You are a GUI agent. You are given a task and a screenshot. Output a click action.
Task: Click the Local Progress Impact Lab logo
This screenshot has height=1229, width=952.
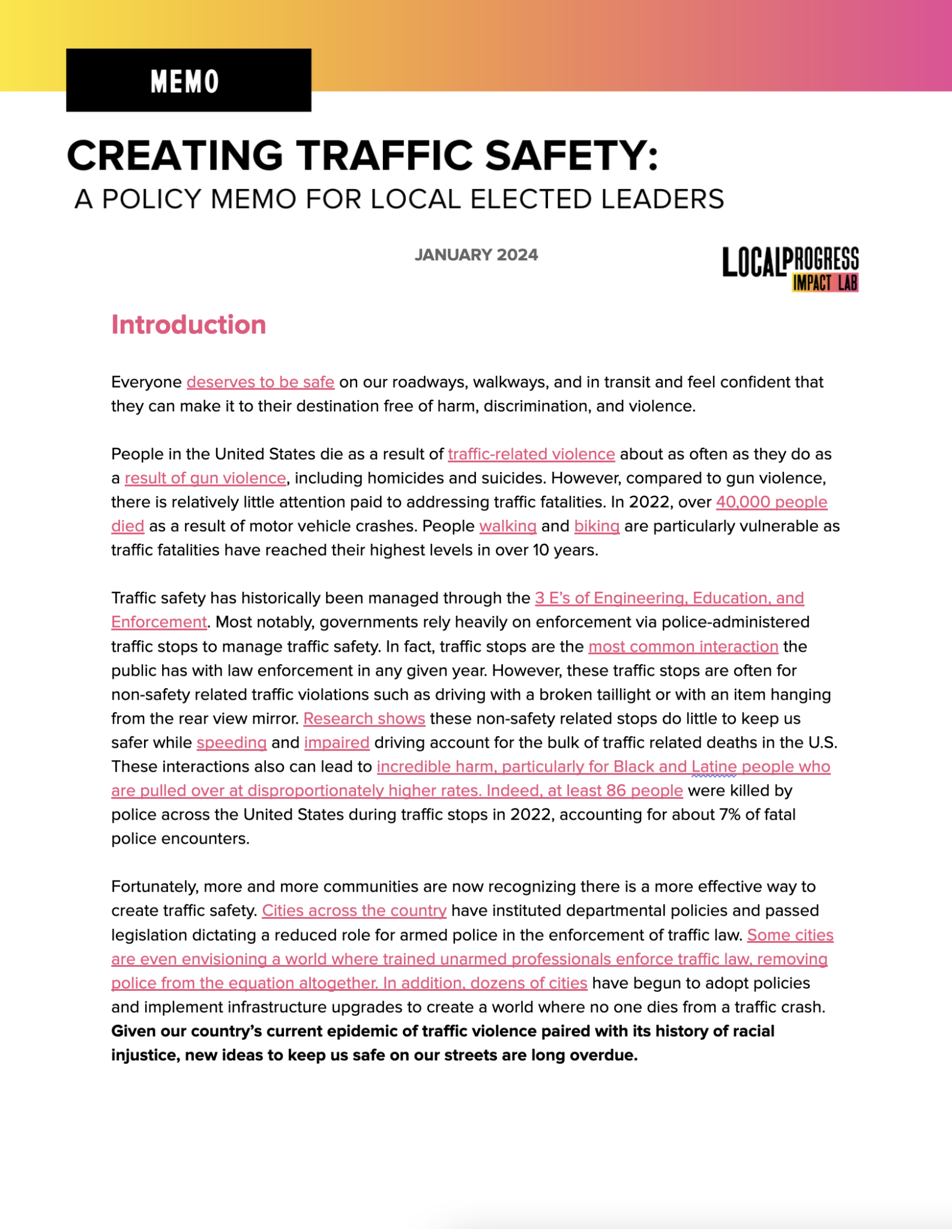tap(790, 269)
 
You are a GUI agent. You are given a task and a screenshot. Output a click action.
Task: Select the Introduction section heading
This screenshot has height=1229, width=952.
tap(188, 325)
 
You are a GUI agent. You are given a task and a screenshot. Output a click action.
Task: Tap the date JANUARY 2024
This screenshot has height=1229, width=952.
tap(476, 255)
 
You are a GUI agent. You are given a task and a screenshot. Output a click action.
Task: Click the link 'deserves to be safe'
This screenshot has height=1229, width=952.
tap(260, 382)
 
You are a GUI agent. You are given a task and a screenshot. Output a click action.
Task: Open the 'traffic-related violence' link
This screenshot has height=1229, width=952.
tap(531, 454)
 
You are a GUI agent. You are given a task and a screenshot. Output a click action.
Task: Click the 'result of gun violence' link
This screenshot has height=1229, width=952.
tap(205, 478)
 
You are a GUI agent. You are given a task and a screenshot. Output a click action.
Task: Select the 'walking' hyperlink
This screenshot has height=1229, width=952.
tap(508, 526)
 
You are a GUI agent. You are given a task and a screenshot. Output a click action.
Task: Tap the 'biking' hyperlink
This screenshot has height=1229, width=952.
tap(597, 526)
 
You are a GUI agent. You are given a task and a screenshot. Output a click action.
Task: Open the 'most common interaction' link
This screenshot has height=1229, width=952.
tap(683, 647)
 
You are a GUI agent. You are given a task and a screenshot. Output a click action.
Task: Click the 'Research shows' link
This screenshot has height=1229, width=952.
tap(364, 719)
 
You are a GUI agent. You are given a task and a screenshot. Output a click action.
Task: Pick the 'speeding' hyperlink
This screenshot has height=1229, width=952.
tap(232, 743)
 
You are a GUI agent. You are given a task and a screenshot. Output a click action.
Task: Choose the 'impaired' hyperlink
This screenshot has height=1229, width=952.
tap(337, 743)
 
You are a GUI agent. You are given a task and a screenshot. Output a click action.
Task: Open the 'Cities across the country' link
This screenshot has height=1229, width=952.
tap(354, 911)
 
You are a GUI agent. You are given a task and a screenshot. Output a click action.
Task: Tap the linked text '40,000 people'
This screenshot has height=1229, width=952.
tap(771, 502)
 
